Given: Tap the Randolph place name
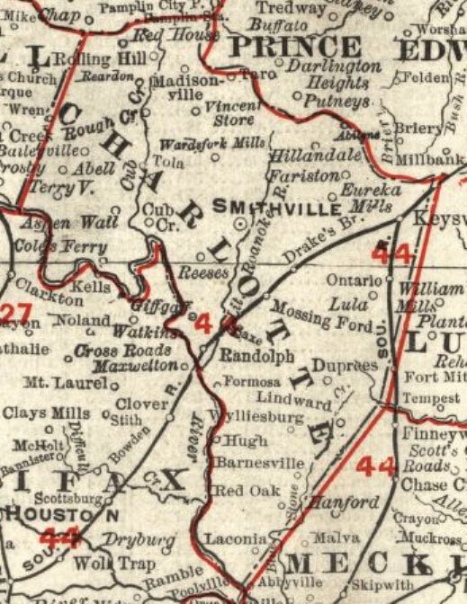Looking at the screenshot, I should pyautogui.click(x=257, y=356).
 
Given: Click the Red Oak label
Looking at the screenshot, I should pyautogui.click(x=238, y=492).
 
